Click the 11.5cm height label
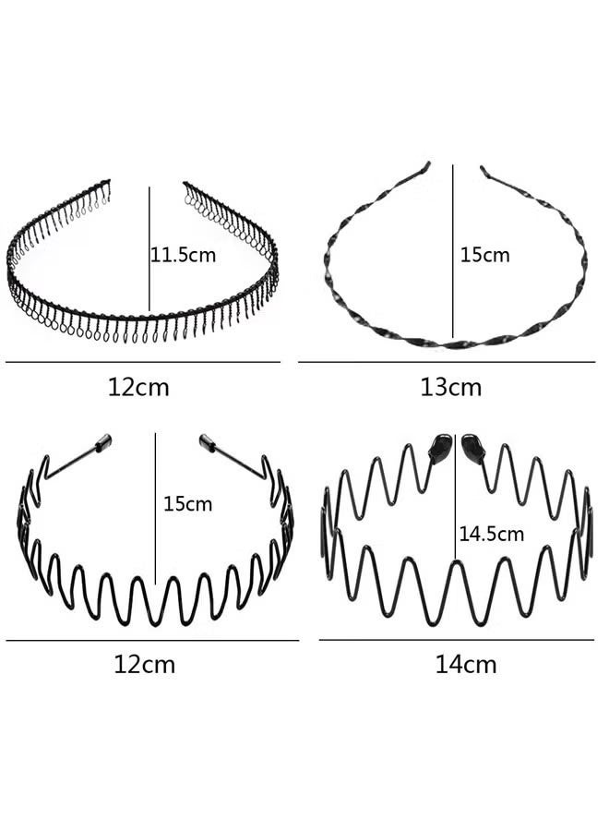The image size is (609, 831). tap(184, 256)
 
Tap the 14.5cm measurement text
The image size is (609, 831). tap(491, 534)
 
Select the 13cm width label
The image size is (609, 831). tap(450, 388)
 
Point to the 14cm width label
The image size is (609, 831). tap(465, 664)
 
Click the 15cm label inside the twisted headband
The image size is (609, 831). tap(484, 255)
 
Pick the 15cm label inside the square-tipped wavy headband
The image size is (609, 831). tap(187, 503)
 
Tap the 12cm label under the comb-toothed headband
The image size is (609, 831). tap(138, 388)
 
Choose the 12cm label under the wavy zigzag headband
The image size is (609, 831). tap(144, 664)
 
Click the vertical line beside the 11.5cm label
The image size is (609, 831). tap(149, 248)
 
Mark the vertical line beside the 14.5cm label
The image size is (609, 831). tap(455, 497)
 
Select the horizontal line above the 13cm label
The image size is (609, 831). tap(447, 362)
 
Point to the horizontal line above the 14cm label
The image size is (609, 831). tap(457, 639)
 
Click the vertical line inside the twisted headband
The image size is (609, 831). tap(453, 250)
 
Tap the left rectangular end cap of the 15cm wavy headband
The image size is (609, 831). tap(102, 442)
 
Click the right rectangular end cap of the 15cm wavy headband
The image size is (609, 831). tap(209, 443)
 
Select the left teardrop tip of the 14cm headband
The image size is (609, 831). tap(440, 448)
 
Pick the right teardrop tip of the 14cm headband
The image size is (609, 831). tap(472, 449)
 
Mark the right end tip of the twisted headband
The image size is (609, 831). tap(483, 170)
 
